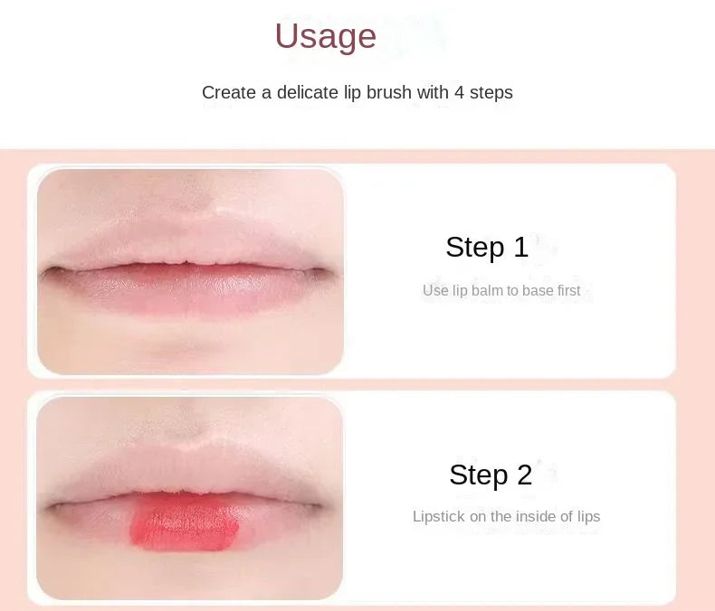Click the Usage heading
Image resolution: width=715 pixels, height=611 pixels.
(325, 36)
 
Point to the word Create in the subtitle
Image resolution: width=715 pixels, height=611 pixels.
(226, 92)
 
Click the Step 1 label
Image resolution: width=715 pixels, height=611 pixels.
(487, 247)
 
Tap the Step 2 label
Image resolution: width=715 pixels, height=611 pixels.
(491, 475)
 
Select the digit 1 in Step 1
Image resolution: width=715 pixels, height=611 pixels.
(520, 247)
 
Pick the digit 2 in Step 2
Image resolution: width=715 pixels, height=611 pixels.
(524, 475)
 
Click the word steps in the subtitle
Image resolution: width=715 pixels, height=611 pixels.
(491, 92)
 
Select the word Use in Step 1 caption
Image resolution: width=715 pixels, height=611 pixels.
(434, 291)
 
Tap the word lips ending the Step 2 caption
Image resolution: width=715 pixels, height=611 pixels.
(585, 517)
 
